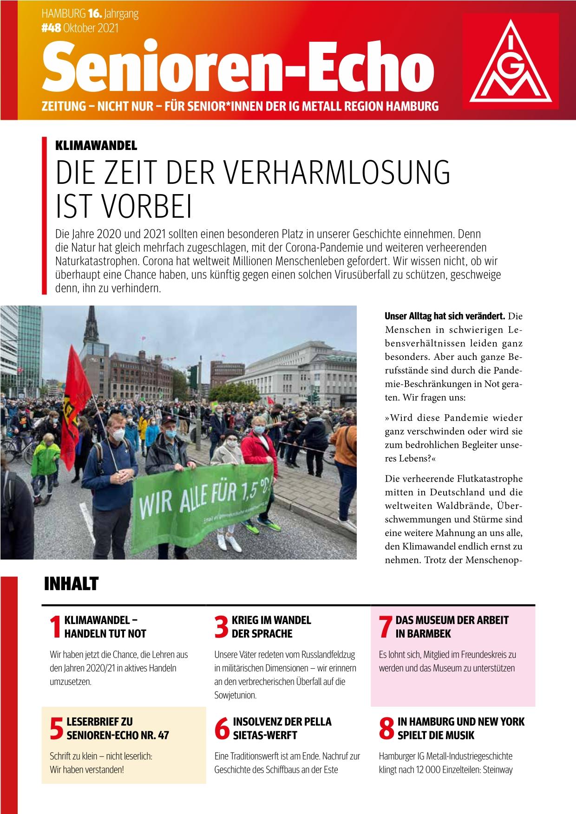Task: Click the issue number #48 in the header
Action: pyautogui.click(x=51, y=28)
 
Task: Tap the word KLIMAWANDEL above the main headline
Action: pyautogui.click(x=96, y=145)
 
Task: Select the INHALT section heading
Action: pyautogui.click(x=71, y=584)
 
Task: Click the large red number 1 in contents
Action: pyautogui.click(x=55, y=627)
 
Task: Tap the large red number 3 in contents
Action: pyautogui.click(x=221, y=627)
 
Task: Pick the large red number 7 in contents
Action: pyautogui.click(x=385, y=627)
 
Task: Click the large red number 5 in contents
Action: pyautogui.click(x=56, y=729)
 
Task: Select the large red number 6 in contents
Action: pyautogui.click(x=222, y=729)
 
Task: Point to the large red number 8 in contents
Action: pyautogui.click(x=386, y=729)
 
